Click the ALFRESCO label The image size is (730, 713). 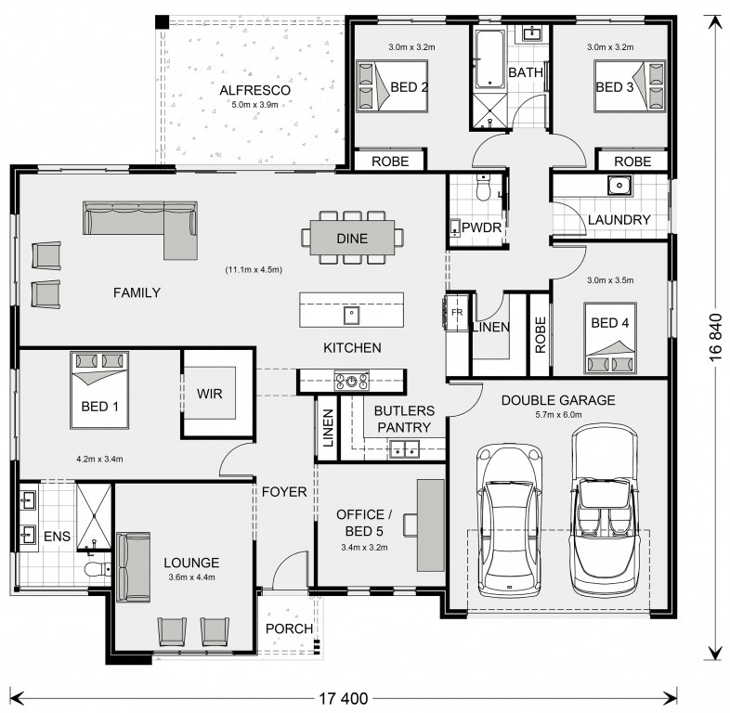click(x=254, y=90)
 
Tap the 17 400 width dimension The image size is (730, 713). click(x=343, y=698)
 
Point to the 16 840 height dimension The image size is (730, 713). click(x=715, y=337)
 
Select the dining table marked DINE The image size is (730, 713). click(x=352, y=238)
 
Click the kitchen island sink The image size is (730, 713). click(x=351, y=315)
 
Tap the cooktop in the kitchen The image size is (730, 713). click(x=351, y=381)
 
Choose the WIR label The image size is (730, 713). click(x=210, y=394)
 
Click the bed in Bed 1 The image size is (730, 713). click(x=99, y=390)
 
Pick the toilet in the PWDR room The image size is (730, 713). click(x=484, y=188)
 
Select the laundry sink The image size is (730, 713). click(x=619, y=185)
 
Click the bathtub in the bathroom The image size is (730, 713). click(x=489, y=59)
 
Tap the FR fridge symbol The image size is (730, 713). click(x=457, y=312)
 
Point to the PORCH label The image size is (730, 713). click(x=289, y=629)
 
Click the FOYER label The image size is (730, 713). click(x=284, y=491)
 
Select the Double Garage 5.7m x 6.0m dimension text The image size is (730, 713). click(x=558, y=415)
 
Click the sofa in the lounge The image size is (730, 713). click(x=133, y=567)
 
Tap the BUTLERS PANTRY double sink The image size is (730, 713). click(x=404, y=449)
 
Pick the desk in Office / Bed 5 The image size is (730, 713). click(x=430, y=525)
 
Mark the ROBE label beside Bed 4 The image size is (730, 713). click(x=540, y=334)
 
